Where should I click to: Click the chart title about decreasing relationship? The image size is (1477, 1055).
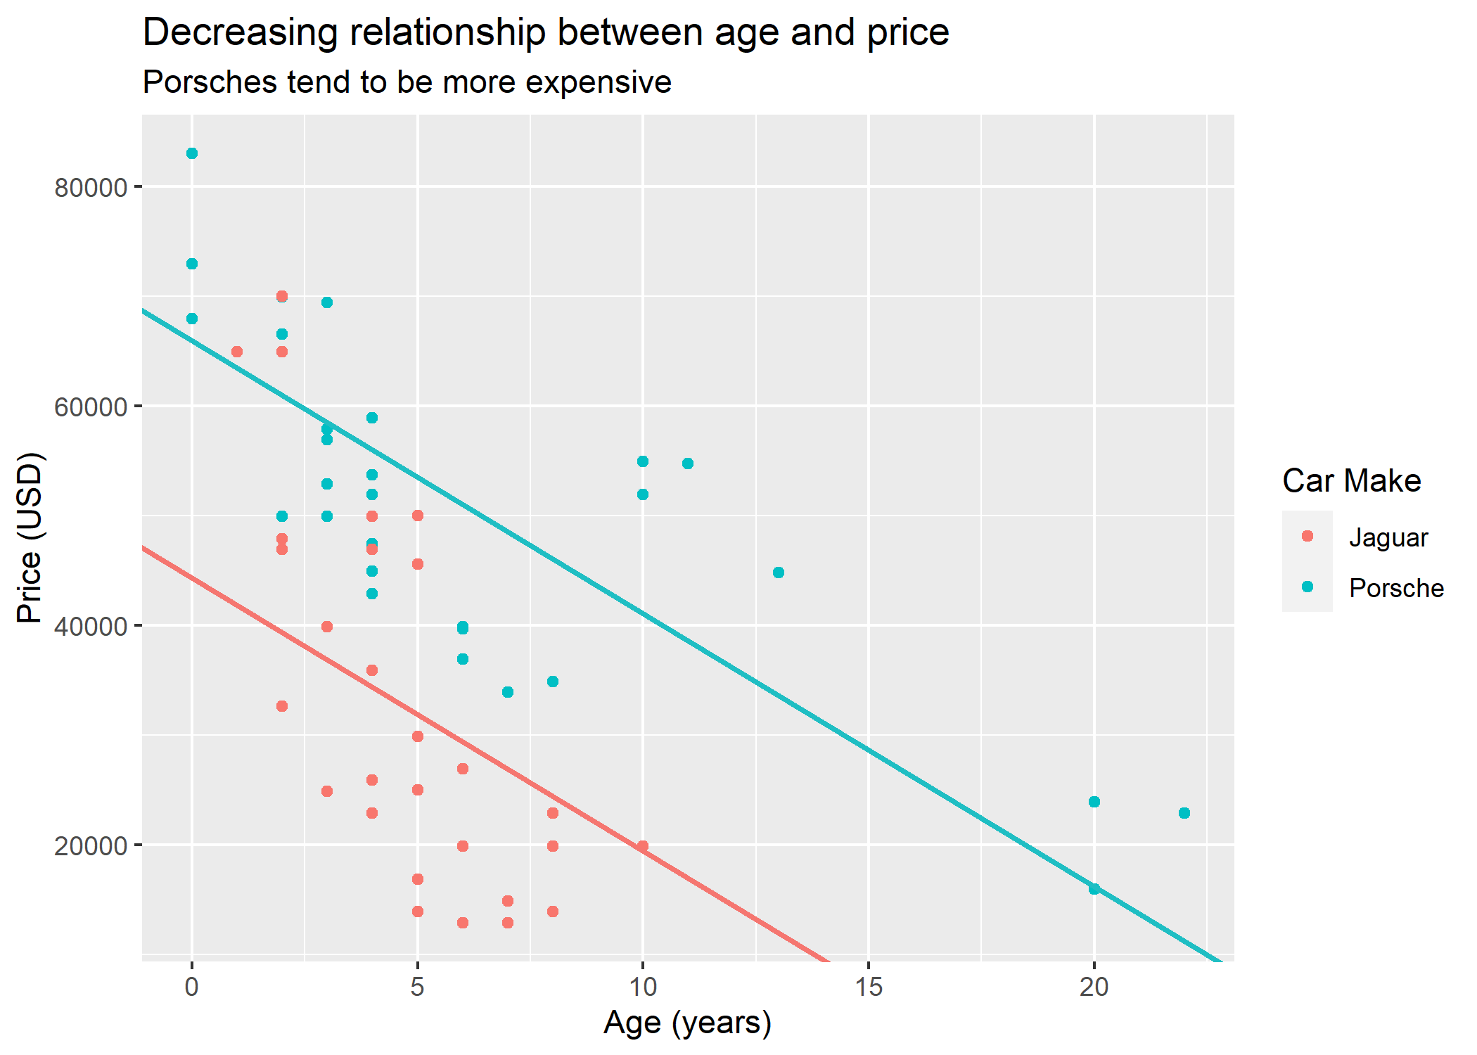pyautogui.click(x=546, y=32)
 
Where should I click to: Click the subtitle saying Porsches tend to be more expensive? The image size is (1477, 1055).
pyautogui.click(x=407, y=82)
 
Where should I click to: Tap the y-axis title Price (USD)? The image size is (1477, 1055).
pyautogui.click(x=30, y=538)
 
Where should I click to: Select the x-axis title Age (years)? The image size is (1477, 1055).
pyautogui.click(x=687, y=1023)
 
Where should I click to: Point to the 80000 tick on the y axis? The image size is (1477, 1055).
pyautogui.click(x=90, y=188)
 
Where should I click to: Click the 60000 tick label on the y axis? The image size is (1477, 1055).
pyautogui.click(x=90, y=407)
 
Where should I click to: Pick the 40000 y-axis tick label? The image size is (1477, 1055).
pyautogui.click(x=90, y=627)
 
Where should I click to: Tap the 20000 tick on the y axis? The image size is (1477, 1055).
pyautogui.click(x=90, y=846)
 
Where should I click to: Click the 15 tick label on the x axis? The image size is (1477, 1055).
pyautogui.click(x=869, y=987)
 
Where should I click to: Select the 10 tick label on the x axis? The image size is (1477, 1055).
pyautogui.click(x=642, y=987)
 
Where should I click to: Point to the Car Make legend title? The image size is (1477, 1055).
pyautogui.click(x=1351, y=481)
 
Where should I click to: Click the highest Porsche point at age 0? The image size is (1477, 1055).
pyautogui.click(x=192, y=153)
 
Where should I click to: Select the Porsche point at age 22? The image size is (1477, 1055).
pyautogui.click(x=1184, y=813)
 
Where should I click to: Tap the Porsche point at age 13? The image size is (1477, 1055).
pyautogui.click(x=779, y=573)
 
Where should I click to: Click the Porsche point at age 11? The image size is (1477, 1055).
pyautogui.click(x=688, y=463)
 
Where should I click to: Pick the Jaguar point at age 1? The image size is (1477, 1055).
pyautogui.click(x=237, y=352)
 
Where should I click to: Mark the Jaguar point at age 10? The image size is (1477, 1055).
pyautogui.click(x=643, y=846)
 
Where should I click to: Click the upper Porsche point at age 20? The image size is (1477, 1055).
pyautogui.click(x=1094, y=802)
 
